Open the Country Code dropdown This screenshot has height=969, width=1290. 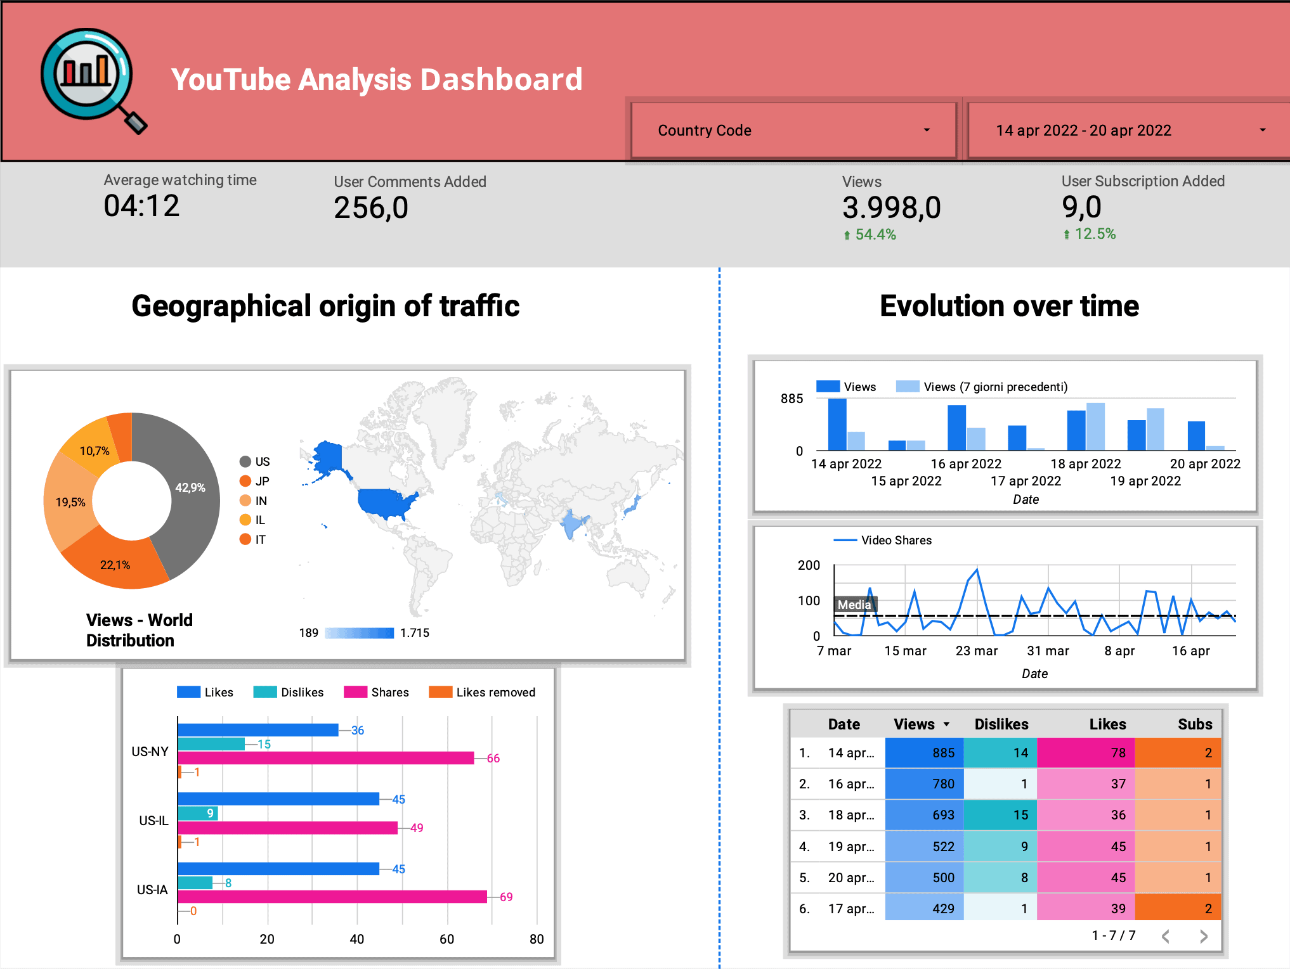coord(793,131)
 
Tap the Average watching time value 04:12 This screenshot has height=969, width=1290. coord(141,206)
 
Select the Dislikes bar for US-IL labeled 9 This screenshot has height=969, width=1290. coord(198,813)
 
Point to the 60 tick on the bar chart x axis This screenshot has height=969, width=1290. coord(447,939)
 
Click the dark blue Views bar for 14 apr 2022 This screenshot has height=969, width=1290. coord(837,424)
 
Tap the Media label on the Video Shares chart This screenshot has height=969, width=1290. coord(854,605)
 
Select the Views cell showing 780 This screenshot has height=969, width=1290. coord(924,784)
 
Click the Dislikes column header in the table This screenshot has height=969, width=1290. coord(1001,724)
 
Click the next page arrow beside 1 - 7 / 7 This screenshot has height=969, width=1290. coord(1203,936)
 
